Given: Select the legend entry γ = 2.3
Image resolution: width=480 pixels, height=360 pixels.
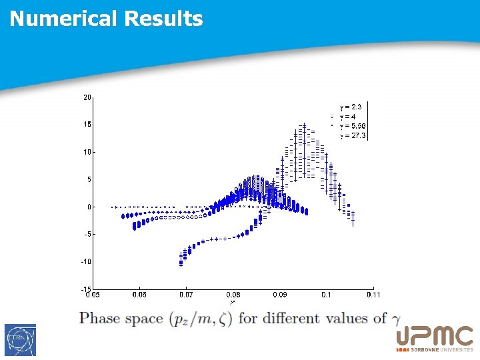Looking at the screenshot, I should (351, 107).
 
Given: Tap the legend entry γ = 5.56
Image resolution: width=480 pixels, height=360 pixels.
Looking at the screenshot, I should (352, 125).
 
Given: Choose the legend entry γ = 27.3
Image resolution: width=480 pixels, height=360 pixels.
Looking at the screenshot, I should (352, 135).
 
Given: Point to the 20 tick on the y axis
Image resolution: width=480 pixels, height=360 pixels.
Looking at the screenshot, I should (87, 97).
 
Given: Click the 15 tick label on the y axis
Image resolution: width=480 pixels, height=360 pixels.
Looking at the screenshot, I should (87, 125).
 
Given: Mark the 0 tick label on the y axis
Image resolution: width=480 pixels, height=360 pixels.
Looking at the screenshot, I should (89, 207).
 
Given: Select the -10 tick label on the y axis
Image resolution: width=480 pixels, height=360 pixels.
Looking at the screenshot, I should (86, 262).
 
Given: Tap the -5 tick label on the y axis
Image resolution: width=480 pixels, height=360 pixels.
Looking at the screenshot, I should (87, 235).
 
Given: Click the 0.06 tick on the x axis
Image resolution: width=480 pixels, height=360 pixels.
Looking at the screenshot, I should (139, 295).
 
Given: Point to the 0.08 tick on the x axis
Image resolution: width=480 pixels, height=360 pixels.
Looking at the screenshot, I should (233, 295).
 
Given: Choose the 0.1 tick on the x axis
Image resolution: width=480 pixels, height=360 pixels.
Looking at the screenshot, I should (326, 295).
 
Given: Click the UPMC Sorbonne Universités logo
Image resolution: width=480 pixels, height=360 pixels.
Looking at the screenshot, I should (434, 339).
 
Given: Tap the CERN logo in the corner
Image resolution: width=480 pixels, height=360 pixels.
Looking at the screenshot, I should (20, 340).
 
